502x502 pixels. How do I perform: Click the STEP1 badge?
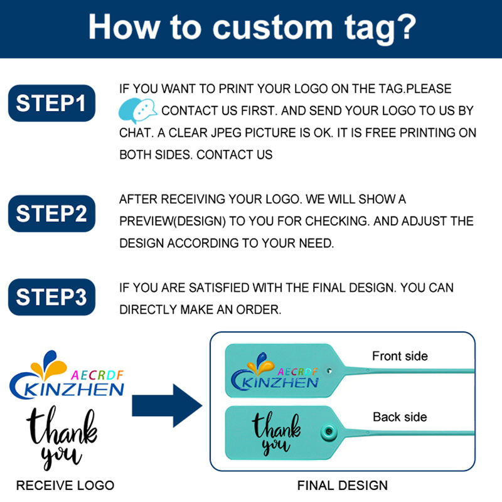[51, 103]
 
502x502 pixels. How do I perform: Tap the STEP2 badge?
[51, 213]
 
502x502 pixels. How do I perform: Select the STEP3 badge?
[51, 296]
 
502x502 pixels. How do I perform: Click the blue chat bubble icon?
[137, 110]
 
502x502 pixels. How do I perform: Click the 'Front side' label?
[400, 356]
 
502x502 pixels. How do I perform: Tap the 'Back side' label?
[400, 417]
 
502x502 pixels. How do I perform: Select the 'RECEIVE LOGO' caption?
[65, 485]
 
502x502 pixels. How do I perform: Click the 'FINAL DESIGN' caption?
[342, 485]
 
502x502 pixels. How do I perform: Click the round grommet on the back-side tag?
[326, 431]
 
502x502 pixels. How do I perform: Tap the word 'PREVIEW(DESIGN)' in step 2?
[164, 222]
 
